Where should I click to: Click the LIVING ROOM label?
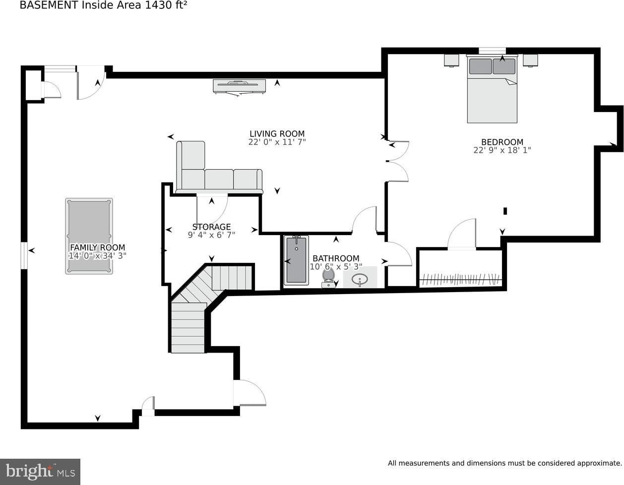277,134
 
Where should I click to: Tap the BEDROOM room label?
502,142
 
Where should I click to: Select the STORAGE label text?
212,227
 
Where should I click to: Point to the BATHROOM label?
336,258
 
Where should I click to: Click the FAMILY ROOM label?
98,247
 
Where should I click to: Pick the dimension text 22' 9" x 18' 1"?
502,150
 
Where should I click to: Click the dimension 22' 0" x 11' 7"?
277,142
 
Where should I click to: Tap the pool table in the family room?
89,236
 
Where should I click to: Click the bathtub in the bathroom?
296,260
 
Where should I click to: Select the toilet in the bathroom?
328,278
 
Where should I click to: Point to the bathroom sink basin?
360,279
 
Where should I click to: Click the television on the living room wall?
239,87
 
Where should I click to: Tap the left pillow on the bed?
481,66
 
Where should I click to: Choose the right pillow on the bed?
504,66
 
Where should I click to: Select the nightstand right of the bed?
530,61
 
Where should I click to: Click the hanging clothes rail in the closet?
461,279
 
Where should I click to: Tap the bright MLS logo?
40,472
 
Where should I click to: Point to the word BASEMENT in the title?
49,5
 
